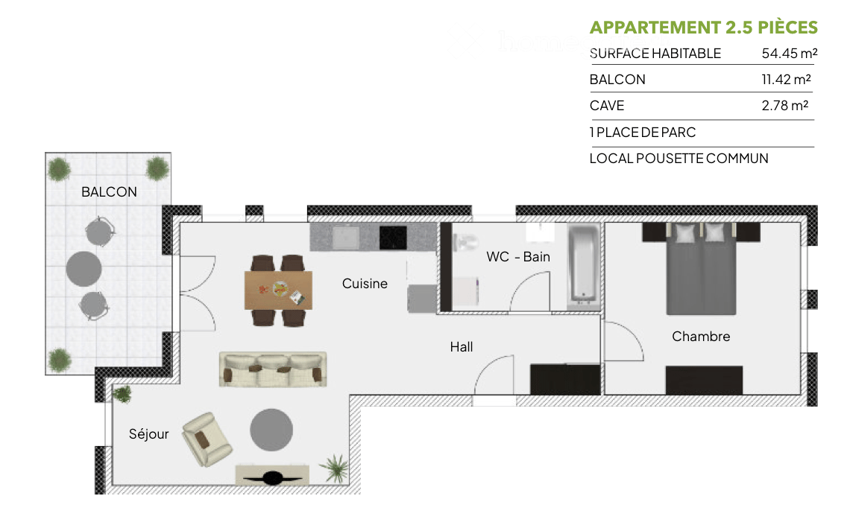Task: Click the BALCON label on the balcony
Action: tap(109, 191)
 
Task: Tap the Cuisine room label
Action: tap(365, 283)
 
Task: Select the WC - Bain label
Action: tap(518, 257)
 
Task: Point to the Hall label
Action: tap(461, 346)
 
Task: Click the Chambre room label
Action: tap(701, 337)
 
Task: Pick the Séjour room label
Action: tap(148, 434)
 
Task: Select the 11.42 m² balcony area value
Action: tap(786, 80)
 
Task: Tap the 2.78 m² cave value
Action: tap(785, 106)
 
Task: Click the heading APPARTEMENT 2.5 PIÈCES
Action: tap(703, 28)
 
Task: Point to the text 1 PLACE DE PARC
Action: tap(642, 133)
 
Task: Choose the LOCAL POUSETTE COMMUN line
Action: tap(679, 159)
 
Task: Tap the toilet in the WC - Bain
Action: tap(465, 242)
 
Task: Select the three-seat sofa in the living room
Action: tap(273, 369)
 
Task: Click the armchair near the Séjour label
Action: tap(208, 439)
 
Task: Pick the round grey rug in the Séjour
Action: tap(271, 430)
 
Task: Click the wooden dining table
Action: tap(278, 290)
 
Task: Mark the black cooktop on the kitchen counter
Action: tap(393, 238)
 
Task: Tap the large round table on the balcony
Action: tap(84, 268)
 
